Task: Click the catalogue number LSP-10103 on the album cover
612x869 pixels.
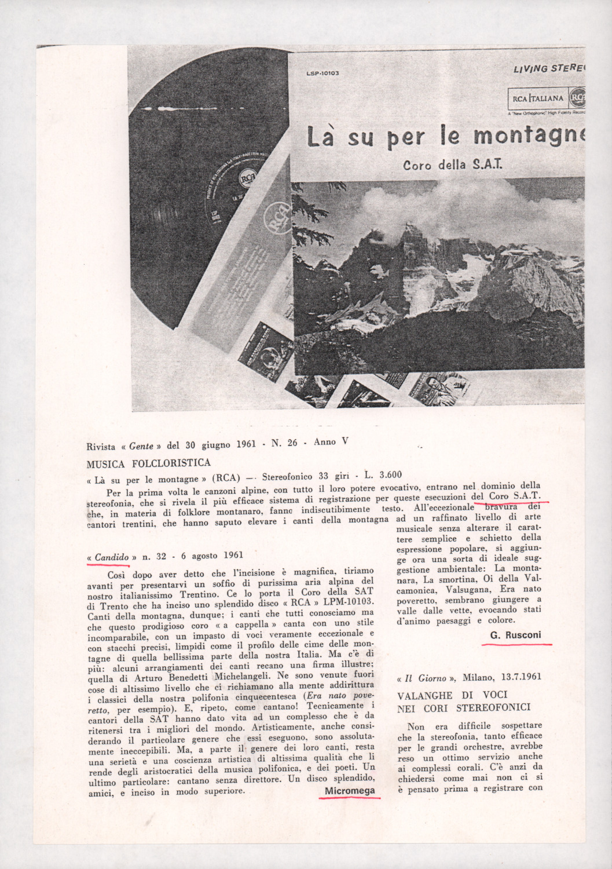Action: coord(322,74)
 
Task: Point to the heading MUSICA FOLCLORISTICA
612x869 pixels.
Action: coord(148,463)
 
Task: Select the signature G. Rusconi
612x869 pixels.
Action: coord(515,635)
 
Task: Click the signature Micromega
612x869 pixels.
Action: coord(350,791)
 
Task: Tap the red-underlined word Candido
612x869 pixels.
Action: coord(112,557)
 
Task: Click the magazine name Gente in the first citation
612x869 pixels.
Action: coord(141,446)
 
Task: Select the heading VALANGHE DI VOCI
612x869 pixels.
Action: coord(452,695)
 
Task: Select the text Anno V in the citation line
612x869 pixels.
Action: coord(331,442)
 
